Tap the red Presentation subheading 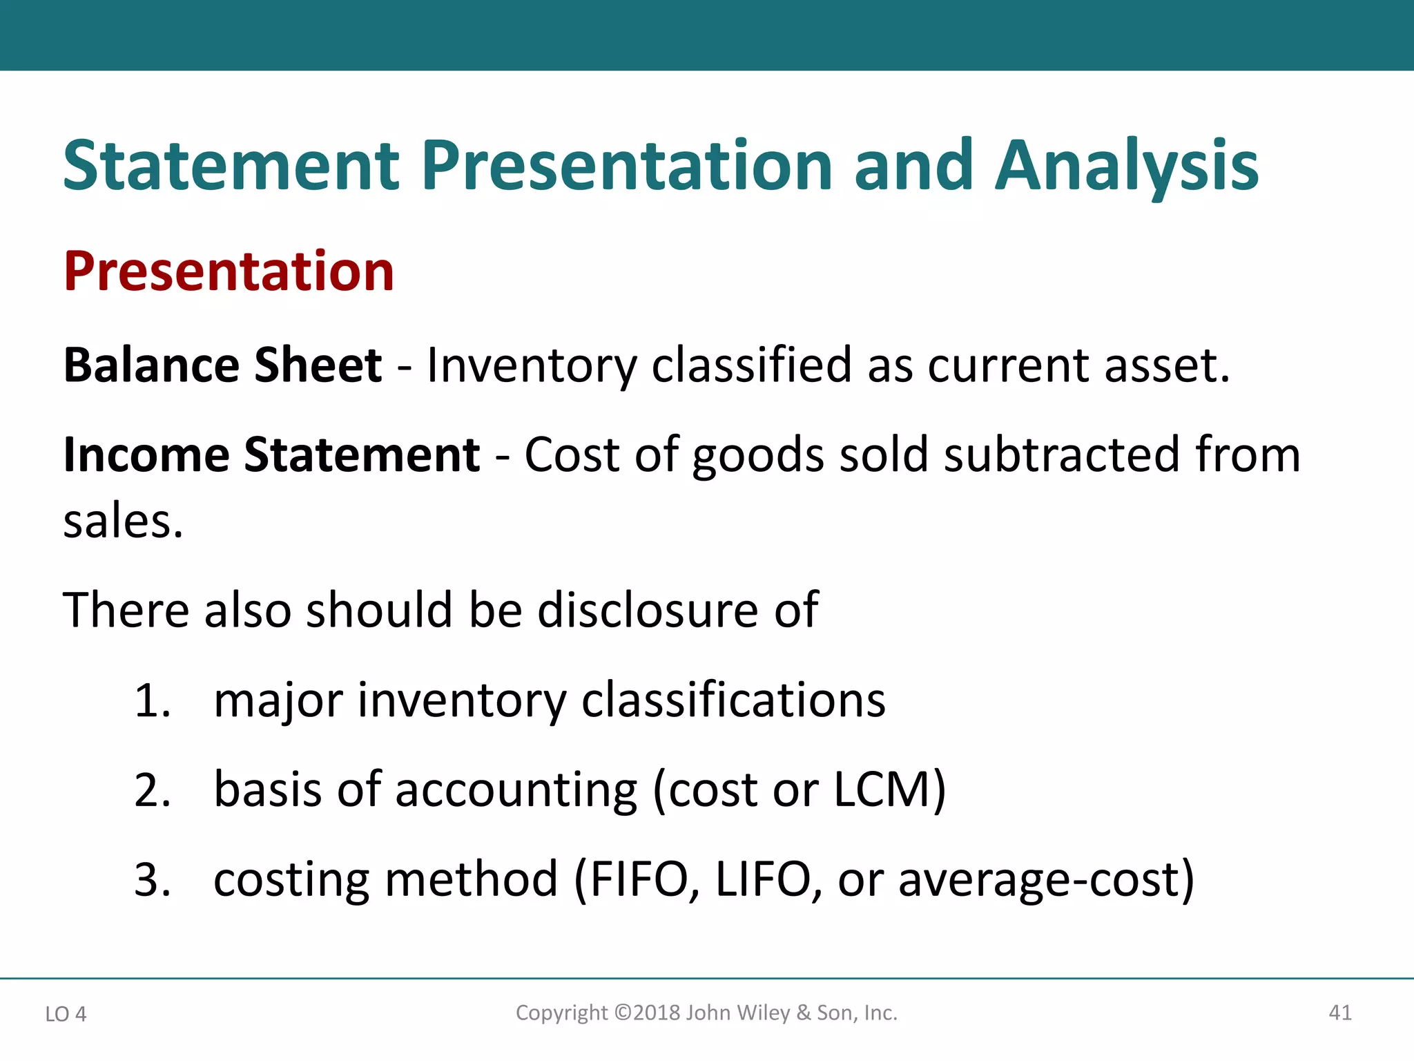[x=229, y=271]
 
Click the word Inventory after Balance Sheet [x=532, y=366]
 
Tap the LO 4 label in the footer [x=66, y=1014]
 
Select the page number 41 [x=1340, y=1013]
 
